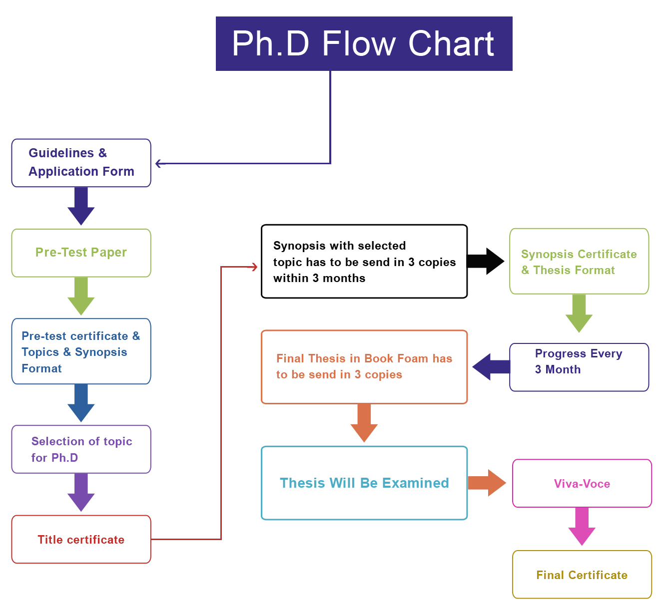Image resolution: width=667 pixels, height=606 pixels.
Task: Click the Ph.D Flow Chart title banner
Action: pyautogui.click(x=364, y=43)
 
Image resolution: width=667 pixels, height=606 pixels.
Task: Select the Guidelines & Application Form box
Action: pyautogui.click(x=81, y=163)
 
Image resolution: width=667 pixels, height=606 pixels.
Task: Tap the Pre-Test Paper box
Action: pyautogui.click(x=81, y=253)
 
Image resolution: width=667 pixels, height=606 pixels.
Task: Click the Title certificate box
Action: pyautogui.click(x=81, y=539)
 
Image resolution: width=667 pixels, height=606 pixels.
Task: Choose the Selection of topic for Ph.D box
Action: pyautogui.click(x=81, y=449)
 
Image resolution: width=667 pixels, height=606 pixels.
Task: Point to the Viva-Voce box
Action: pyautogui.click(x=582, y=483)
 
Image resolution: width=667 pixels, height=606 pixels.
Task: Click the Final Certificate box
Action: pyautogui.click(x=582, y=575)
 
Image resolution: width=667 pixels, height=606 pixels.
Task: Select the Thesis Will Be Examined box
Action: pyautogui.click(x=364, y=483)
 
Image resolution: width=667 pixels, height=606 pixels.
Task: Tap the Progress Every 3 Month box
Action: pyautogui.click(x=579, y=367)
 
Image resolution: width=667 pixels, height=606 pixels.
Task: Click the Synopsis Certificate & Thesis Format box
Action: pyautogui.click(x=579, y=262)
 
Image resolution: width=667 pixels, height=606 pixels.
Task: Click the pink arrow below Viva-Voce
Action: pyautogui.click(x=582, y=526)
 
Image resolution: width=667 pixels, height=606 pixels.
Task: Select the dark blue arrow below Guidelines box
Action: pyautogui.click(x=81, y=206)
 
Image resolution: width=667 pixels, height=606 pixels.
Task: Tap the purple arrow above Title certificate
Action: pyautogui.click(x=81, y=492)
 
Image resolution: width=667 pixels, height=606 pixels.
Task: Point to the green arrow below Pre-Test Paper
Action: pyautogui.click(x=81, y=296)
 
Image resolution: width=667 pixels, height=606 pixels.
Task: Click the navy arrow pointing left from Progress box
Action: pyautogui.click(x=491, y=367)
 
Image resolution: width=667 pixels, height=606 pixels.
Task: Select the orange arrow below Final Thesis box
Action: pyautogui.click(x=364, y=422)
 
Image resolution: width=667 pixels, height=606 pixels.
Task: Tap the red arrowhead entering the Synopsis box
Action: pyautogui.click(x=253, y=267)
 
